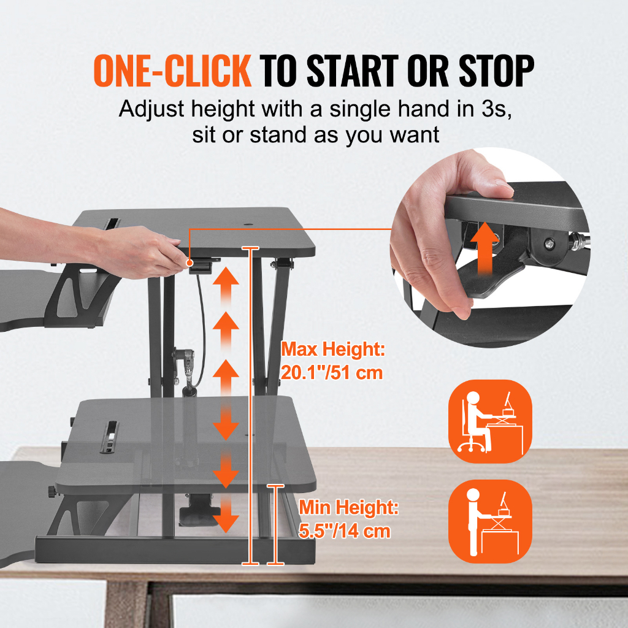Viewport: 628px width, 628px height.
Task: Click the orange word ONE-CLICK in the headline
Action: point(172,71)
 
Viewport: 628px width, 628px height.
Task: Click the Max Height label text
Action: point(332,350)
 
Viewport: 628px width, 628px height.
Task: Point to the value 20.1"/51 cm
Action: point(332,372)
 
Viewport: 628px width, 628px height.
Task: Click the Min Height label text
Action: point(348,508)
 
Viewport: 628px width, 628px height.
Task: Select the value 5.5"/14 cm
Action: point(345,530)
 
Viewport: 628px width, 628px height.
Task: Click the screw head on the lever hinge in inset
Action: point(548,244)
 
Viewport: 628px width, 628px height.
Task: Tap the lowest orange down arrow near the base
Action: point(226,519)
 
